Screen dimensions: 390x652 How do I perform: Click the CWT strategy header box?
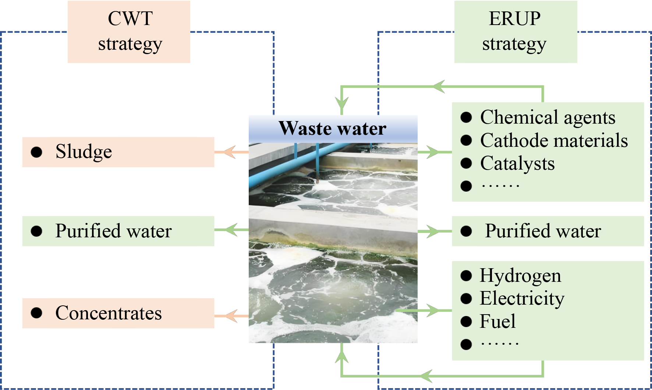[x=129, y=32]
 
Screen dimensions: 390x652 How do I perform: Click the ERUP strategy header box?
[x=515, y=32]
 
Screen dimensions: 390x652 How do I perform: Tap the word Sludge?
[x=84, y=152]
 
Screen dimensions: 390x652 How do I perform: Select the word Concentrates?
[x=109, y=313]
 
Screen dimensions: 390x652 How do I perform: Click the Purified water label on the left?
[x=113, y=231]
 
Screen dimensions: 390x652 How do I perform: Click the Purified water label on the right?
[x=543, y=231]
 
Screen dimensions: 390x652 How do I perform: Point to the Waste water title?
[x=333, y=128]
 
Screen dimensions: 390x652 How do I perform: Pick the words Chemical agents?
[x=548, y=117]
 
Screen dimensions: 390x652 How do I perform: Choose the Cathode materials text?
[x=554, y=141]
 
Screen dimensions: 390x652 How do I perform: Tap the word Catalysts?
[x=517, y=163]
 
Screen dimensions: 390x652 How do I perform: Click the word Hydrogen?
[x=520, y=276]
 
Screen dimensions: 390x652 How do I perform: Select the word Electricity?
[x=522, y=298]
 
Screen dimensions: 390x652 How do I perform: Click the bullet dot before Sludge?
[x=36, y=152]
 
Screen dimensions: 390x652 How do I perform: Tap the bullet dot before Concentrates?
[x=36, y=313]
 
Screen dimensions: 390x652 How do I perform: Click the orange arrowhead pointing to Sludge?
[x=230, y=152]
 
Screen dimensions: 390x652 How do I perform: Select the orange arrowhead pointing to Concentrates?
[x=231, y=316]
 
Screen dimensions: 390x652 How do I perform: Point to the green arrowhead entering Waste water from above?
[x=342, y=104]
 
